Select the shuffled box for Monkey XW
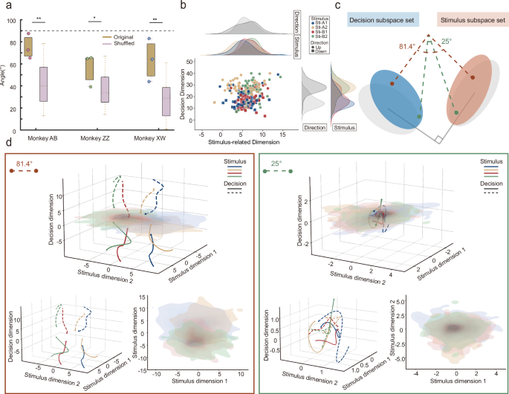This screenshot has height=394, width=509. point(166,101)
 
